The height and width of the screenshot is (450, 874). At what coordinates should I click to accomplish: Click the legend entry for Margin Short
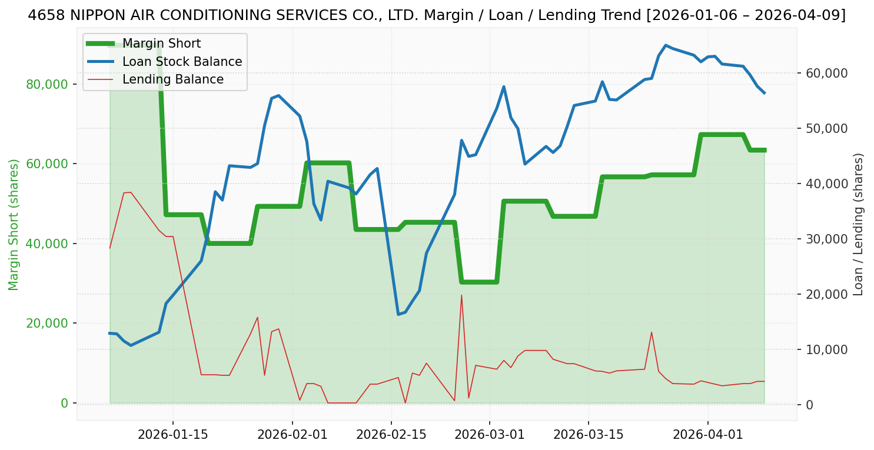(x=161, y=44)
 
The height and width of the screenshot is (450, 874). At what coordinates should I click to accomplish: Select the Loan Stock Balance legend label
(x=182, y=62)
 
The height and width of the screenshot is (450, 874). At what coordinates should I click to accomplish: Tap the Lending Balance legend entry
(x=172, y=79)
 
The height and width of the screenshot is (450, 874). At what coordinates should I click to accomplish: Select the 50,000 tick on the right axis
(x=823, y=128)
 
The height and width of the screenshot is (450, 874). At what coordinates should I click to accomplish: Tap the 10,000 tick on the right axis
(x=823, y=349)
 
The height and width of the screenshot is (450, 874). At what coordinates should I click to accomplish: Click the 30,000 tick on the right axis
(x=823, y=239)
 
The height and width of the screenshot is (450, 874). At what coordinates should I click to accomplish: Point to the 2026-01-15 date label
(x=172, y=435)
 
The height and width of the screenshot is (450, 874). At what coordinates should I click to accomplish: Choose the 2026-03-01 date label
(x=489, y=435)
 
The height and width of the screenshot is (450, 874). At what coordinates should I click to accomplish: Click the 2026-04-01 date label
(x=707, y=435)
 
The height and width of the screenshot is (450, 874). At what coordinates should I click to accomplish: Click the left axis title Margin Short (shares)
(x=14, y=224)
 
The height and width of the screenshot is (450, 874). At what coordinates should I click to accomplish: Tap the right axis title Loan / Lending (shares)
(x=859, y=224)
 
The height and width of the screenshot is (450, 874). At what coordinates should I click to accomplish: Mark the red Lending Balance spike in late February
(x=461, y=295)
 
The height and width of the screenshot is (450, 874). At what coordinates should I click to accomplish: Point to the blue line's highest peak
(x=665, y=45)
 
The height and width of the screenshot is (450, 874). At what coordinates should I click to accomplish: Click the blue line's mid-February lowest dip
(x=398, y=314)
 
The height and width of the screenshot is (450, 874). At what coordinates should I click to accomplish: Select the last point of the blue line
(x=764, y=93)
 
